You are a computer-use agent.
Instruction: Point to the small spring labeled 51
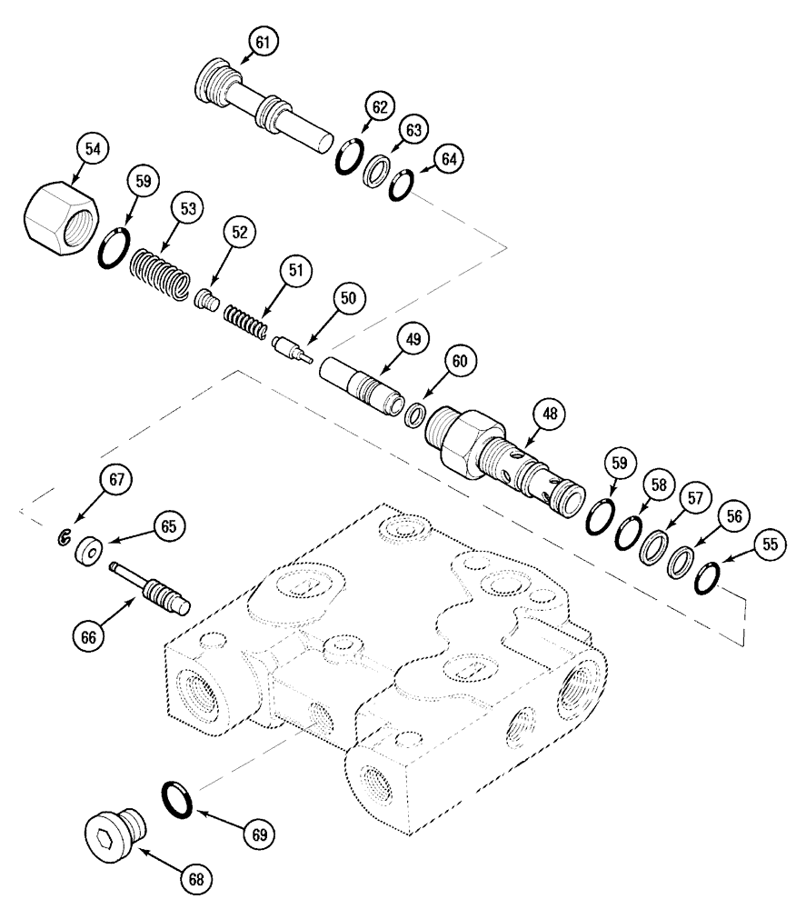[x=245, y=320]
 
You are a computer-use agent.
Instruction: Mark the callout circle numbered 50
[x=350, y=297]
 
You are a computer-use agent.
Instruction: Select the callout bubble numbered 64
[x=448, y=157]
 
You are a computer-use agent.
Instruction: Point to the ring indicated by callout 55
[x=709, y=578]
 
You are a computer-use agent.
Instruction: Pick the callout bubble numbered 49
[x=413, y=340]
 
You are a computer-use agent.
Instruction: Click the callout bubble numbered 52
[x=238, y=234]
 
